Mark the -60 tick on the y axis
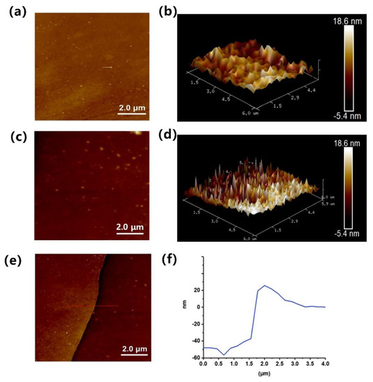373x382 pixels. pos(194,357)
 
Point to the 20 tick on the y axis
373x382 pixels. pos(196,290)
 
